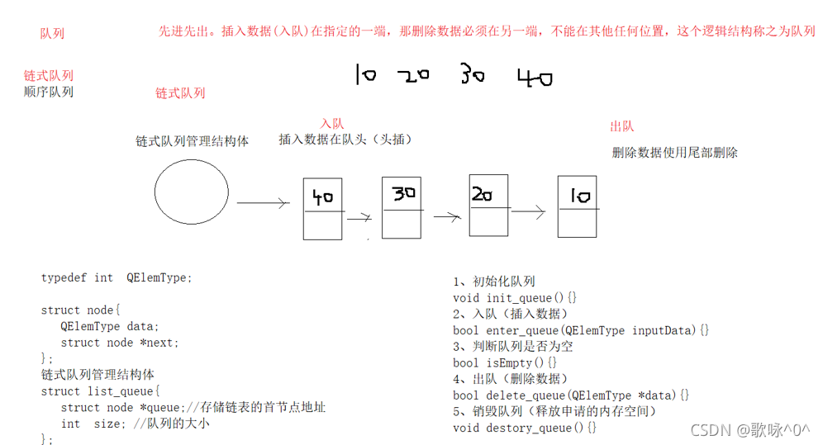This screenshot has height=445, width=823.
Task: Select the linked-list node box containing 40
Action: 322,208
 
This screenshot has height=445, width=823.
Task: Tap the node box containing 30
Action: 402,207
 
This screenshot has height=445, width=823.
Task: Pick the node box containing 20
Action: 488,205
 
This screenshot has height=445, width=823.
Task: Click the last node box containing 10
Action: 577,206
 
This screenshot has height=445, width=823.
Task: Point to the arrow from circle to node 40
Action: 262,202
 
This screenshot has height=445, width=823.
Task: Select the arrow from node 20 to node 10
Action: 528,212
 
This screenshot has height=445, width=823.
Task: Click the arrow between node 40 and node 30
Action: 359,219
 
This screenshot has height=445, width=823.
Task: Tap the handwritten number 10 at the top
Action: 364,75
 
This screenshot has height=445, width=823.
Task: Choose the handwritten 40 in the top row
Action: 535,78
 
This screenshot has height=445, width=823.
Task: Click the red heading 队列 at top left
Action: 52,34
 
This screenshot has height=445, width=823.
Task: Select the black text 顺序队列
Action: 49,92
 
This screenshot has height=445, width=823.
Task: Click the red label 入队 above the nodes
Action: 331,124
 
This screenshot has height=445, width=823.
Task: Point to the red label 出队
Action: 621,126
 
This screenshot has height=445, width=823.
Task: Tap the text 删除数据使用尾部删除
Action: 674,153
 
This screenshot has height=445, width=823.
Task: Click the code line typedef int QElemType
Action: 117,278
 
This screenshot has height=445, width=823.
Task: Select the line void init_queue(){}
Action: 515,297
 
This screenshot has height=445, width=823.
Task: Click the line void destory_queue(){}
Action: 525,428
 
